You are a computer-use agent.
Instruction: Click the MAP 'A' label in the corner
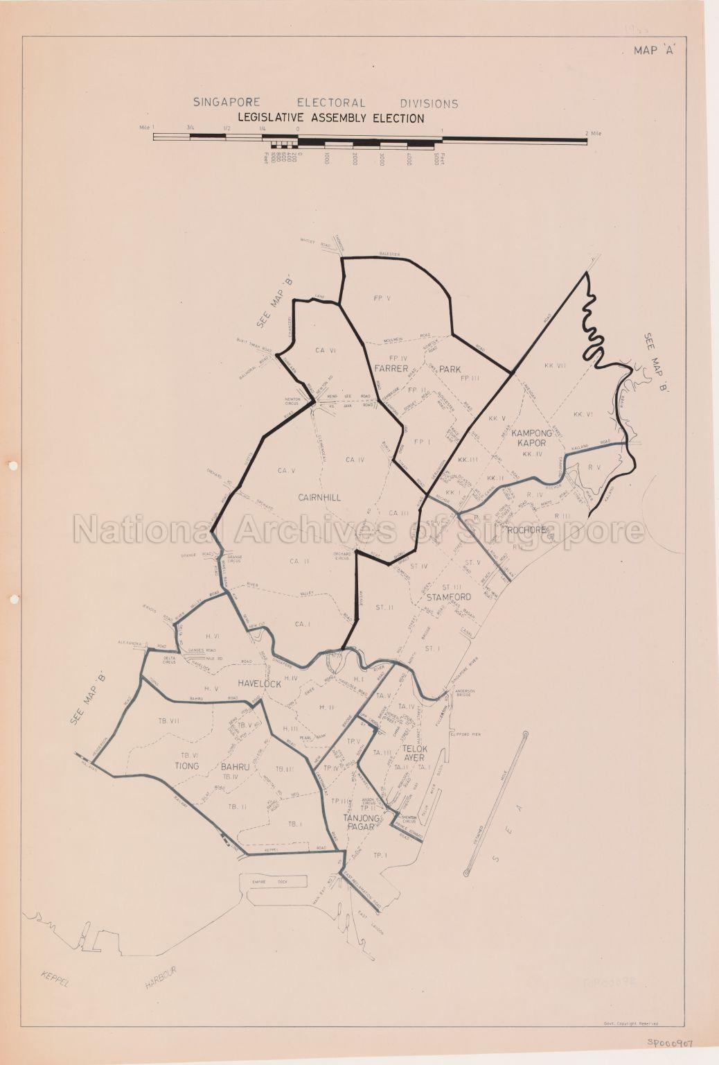pyautogui.click(x=655, y=51)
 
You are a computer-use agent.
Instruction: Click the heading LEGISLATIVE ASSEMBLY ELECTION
pyautogui.click(x=331, y=119)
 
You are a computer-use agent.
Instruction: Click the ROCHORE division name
pyautogui.click(x=527, y=531)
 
